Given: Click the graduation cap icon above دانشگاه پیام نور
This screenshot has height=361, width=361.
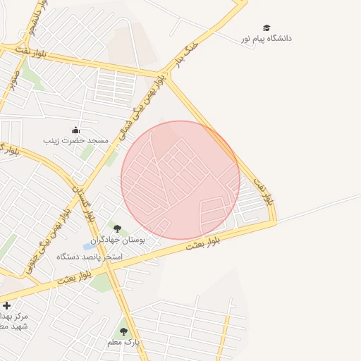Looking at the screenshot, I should [267, 27].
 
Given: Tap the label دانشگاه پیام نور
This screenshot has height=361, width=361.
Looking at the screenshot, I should [267, 38].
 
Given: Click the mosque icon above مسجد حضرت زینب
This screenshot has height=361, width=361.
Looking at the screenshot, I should [76, 130].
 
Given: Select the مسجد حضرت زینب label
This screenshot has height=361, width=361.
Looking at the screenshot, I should [76, 141].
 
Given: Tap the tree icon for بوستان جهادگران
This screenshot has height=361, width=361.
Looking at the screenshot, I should [117, 228].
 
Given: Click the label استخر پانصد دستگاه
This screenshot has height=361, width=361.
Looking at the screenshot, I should [90, 257].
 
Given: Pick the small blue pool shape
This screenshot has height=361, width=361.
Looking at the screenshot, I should [88, 246].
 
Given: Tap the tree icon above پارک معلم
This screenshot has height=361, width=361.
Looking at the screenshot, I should [124, 331].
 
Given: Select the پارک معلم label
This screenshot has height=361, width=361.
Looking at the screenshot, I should [124, 342].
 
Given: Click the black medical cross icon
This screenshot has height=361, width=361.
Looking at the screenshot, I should [6, 305].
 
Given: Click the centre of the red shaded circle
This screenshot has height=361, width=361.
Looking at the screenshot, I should [180, 180].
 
